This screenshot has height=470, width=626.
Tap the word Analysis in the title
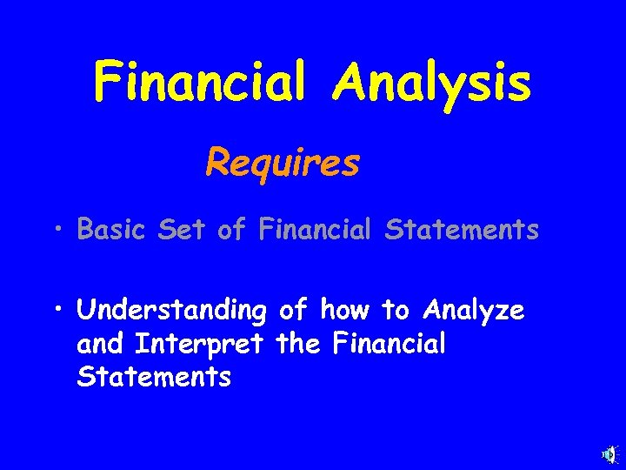click(x=432, y=83)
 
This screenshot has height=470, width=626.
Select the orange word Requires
click(x=283, y=162)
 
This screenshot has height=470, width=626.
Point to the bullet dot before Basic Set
click(x=56, y=230)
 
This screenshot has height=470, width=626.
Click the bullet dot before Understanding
click(x=56, y=310)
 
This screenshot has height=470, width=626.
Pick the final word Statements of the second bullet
click(x=153, y=378)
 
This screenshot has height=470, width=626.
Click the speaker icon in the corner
click(x=609, y=454)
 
